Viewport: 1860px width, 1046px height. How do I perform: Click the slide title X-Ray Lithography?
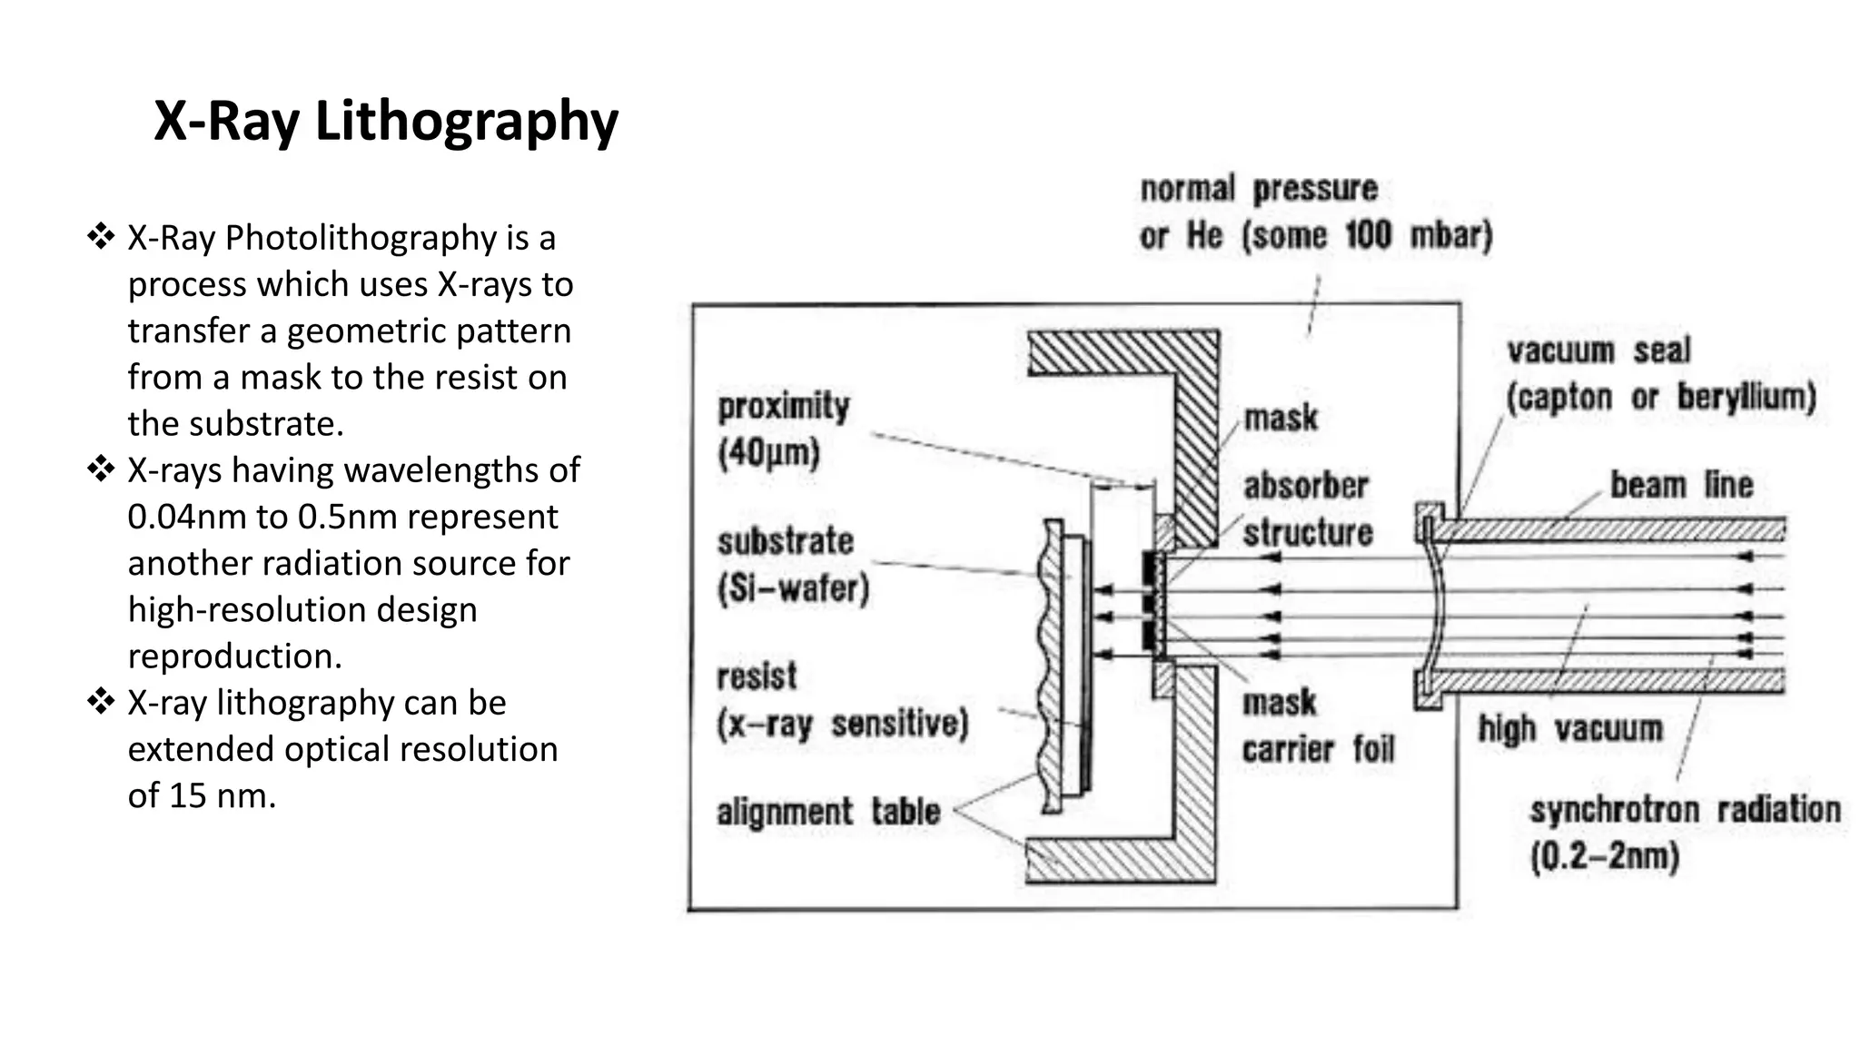point(386,121)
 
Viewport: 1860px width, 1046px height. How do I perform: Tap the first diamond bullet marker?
point(100,237)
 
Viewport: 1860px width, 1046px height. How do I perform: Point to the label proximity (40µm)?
point(783,429)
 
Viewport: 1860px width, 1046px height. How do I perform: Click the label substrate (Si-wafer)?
point(791,565)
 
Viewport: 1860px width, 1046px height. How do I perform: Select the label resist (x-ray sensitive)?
point(841,700)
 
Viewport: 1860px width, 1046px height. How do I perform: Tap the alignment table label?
point(827,812)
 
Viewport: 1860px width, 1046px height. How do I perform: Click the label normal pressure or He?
point(1315,212)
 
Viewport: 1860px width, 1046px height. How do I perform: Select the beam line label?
point(1680,484)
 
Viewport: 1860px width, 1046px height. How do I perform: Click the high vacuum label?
point(1569,728)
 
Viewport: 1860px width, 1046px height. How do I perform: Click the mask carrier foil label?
point(1316,725)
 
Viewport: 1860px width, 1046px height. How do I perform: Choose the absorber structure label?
point(1307,509)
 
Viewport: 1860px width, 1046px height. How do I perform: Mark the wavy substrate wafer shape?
point(1053,667)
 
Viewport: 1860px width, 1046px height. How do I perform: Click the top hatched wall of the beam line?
point(1608,529)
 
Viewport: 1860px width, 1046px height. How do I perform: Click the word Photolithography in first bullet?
point(361,238)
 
